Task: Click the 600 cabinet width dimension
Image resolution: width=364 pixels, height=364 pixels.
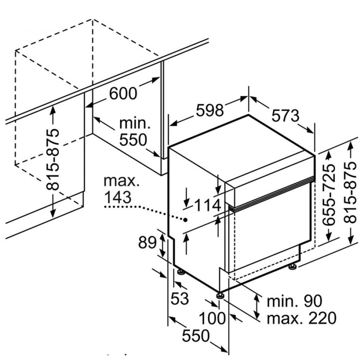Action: coord(123,93)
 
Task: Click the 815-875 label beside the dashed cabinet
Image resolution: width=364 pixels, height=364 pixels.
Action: coord(54,159)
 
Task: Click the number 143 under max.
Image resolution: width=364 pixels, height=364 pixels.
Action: coord(117,197)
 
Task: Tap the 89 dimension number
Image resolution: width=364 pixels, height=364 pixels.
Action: coord(147,242)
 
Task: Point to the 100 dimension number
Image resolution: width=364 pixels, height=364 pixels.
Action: coord(212,318)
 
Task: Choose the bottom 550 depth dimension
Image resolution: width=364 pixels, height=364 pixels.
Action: coord(195,336)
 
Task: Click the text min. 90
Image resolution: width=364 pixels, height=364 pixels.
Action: coord(295,301)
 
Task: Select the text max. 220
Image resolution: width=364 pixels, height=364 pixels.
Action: coord(301,318)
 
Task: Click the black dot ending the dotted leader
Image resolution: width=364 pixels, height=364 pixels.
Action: coord(186,219)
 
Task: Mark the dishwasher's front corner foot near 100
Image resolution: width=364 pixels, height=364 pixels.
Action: coord(220,295)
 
